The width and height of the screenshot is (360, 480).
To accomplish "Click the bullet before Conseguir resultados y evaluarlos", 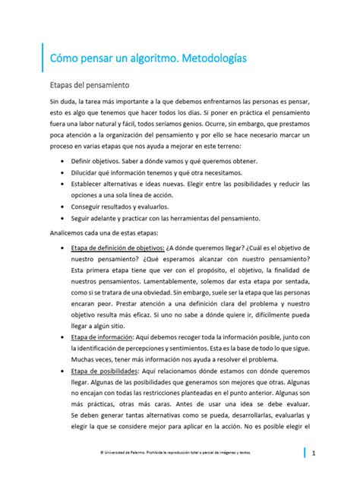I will [x=61, y=207].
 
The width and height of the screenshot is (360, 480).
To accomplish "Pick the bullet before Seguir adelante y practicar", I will [x=61, y=218].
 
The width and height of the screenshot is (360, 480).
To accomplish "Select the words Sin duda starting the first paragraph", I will [x=62, y=102].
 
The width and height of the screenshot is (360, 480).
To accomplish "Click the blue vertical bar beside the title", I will [x=43, y=57].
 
